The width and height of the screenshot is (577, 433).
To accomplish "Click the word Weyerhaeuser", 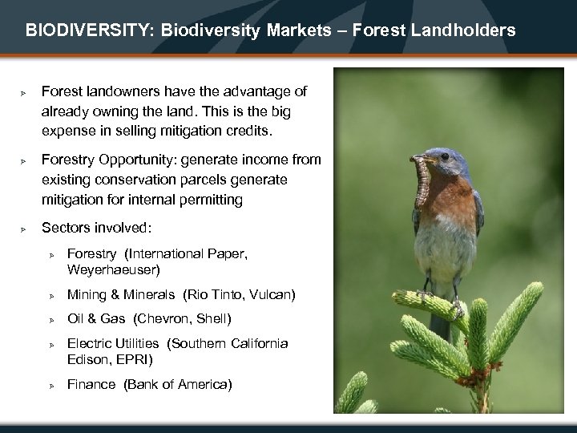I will pos(114,270).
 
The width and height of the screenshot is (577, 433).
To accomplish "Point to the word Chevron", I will pos(163,319).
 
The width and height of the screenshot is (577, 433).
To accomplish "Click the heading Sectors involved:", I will pos(96,228).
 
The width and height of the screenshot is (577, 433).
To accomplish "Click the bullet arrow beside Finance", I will pos(50,386).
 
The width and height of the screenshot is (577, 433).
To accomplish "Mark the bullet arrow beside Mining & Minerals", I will pos(50,296).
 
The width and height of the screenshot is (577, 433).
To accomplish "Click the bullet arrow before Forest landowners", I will pos(24,93).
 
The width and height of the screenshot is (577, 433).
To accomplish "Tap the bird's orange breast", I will pos(449,204).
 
